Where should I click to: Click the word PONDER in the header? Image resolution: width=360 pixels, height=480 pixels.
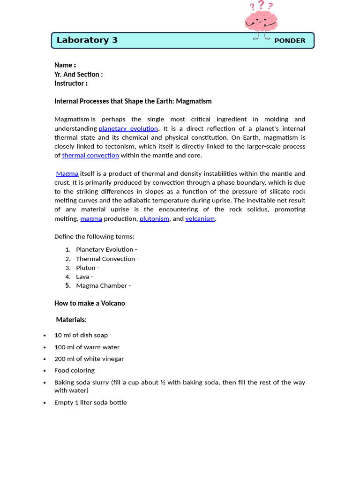point(290,41)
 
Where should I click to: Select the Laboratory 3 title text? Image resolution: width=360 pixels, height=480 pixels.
point(87,40)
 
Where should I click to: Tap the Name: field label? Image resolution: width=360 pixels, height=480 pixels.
point(65,65)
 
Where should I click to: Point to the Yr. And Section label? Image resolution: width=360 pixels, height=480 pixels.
point(78,74)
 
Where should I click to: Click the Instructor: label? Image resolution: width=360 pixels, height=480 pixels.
point(71,83)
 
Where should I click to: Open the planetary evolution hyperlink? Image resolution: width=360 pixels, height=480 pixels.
point(128,128)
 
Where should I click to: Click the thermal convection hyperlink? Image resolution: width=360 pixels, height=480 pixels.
point(90,155)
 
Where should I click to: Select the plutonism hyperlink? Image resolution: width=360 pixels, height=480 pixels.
point(154,218)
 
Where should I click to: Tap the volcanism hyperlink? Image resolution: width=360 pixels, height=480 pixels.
point(200,218)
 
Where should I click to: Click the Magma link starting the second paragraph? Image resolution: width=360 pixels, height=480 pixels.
point(67,173)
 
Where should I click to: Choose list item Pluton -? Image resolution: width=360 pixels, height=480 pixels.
point(88,268)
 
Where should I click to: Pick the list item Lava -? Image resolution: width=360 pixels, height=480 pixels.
point(84,277)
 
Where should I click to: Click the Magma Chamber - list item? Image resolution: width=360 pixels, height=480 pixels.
point(103,285)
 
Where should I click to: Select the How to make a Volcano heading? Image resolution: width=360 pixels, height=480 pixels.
point(90,303)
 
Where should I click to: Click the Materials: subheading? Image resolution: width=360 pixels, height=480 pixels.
point(71,320)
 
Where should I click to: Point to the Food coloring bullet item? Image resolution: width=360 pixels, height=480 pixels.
point(75,370)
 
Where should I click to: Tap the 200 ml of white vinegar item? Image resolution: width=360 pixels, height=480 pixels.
point(89,359)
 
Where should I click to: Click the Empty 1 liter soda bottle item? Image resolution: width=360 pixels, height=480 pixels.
point(90,402)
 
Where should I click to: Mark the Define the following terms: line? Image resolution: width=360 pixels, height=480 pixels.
point(94,236)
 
